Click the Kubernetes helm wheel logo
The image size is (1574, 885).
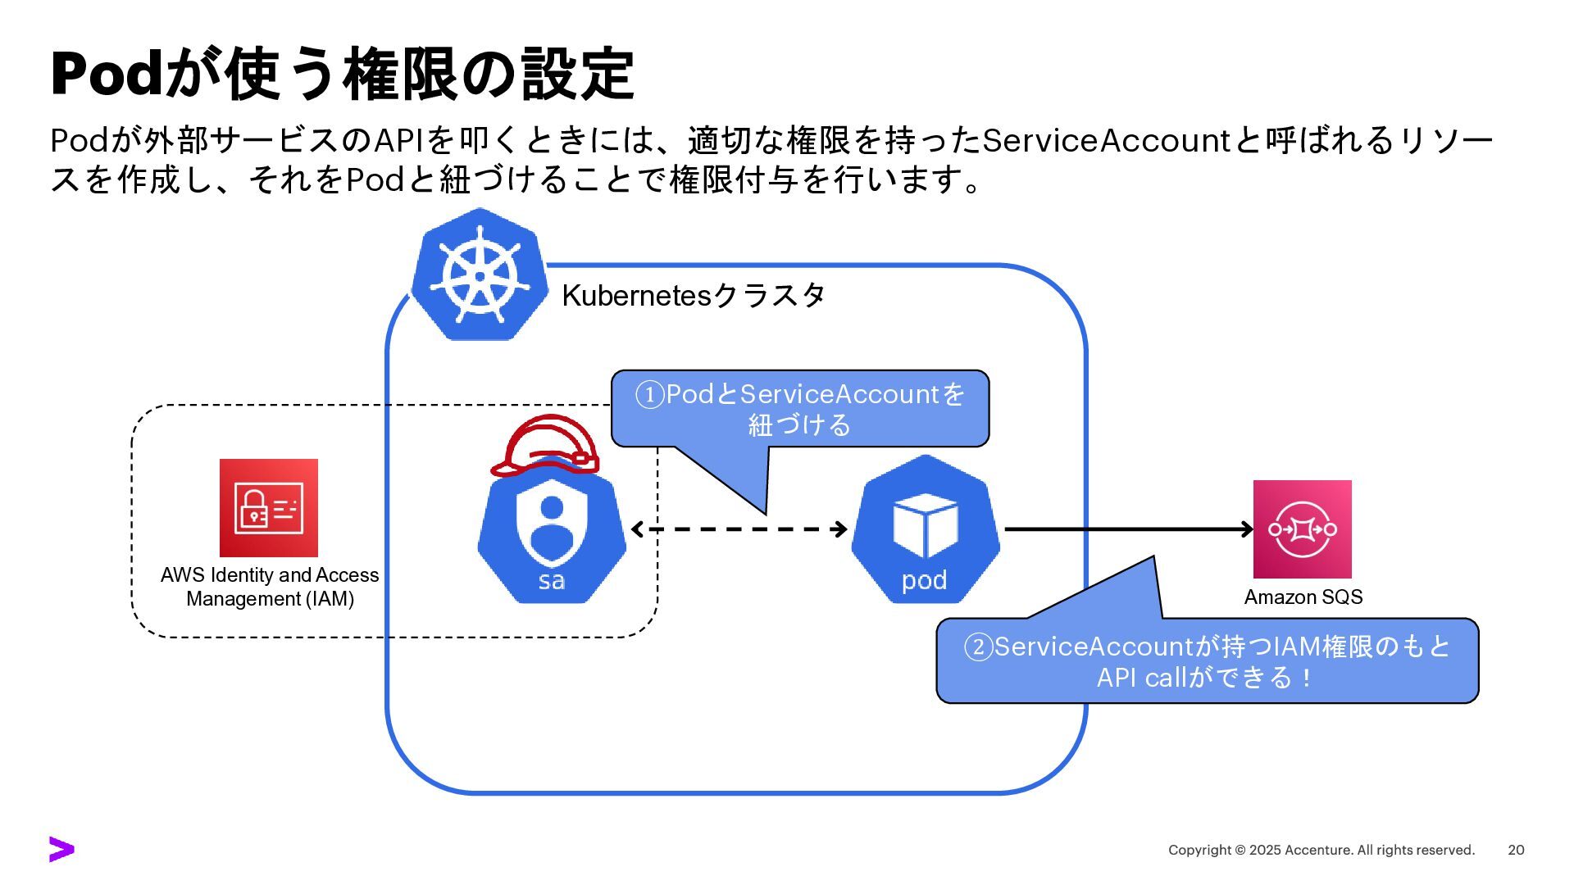point(480,275)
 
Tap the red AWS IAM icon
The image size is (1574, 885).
point(268,508)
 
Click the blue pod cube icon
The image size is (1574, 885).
point(925,529)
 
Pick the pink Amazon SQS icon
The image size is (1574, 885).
point(1302,529)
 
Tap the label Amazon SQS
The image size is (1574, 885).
point(1303,597)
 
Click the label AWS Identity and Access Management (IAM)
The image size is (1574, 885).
point(270,587)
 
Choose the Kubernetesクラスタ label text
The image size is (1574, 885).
point(693,296)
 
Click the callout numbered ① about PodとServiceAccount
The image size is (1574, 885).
point(800,409)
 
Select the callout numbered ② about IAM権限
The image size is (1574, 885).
point(1207,661)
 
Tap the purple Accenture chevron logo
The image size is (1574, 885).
point(61,850)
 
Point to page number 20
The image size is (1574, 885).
point(1516,851)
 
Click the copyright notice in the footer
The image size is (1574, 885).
point(1321,851)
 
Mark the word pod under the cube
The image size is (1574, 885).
point(924,580)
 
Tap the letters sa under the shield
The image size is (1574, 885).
point(551,581)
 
